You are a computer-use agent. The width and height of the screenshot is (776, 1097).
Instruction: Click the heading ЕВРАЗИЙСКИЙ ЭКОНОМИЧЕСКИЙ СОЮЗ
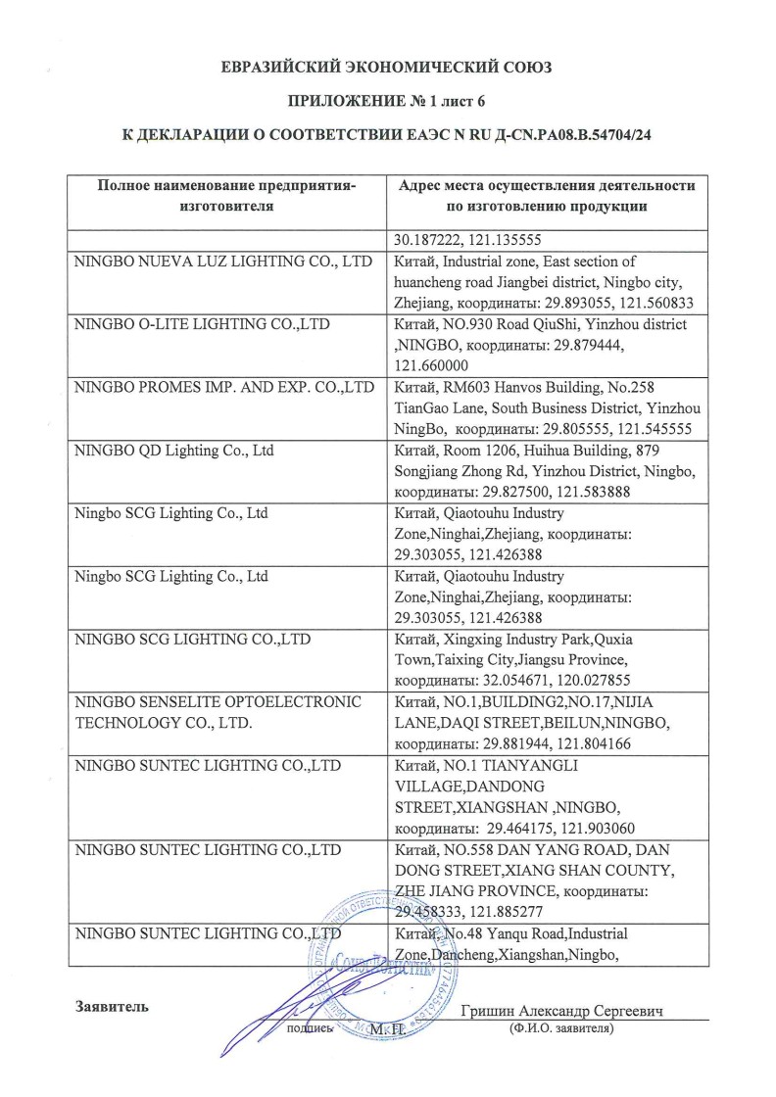(387, 68)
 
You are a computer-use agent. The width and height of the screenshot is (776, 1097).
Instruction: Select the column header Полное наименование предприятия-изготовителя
(226, 195)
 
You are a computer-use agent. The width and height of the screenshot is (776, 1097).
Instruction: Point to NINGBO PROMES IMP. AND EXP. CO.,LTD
(224, 387)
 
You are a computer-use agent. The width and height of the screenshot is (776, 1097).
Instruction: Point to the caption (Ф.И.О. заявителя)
(560, 1030)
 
